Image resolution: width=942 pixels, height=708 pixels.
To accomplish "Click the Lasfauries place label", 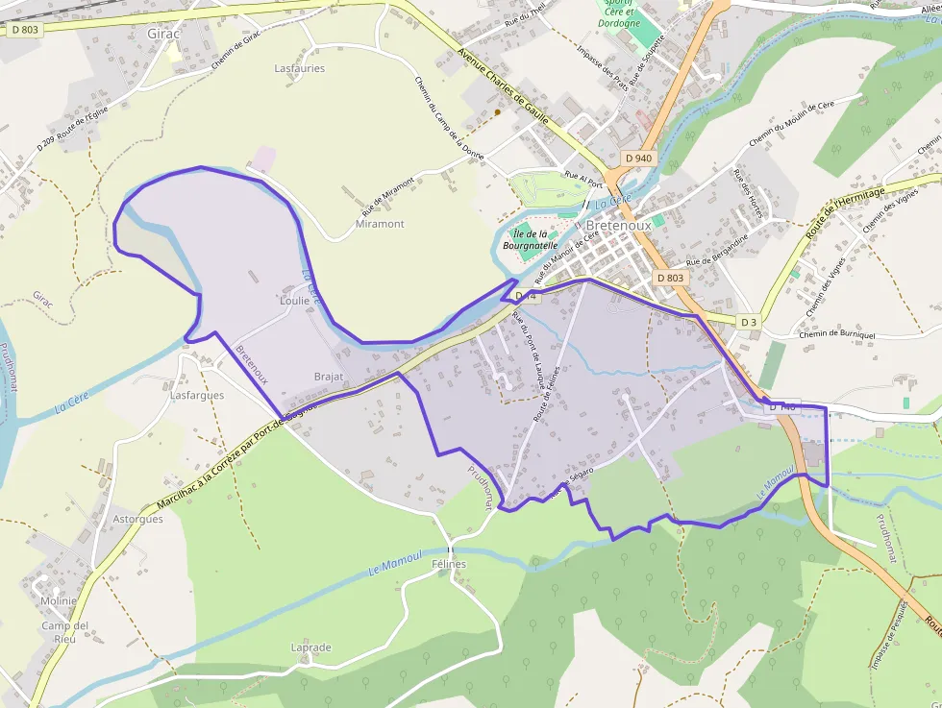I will (x=300, y=69).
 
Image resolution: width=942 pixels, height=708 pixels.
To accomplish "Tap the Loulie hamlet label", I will (x=294, y=301).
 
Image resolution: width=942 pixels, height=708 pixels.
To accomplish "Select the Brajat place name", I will (x=329, y=377).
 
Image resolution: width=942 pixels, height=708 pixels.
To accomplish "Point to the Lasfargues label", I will (x=197, y=395).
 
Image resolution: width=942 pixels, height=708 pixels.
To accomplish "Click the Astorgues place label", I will (x=137, y=519).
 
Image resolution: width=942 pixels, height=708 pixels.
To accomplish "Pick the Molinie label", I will (x=59, y=601).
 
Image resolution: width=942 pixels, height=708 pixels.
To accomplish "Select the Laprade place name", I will (x=310, y=647).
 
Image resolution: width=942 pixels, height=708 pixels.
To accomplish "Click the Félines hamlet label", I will (x=449, y=564).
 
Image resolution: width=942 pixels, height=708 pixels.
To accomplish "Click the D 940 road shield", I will (x=637, y=158).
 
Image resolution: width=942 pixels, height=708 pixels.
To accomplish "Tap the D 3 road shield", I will (x=750, y=321).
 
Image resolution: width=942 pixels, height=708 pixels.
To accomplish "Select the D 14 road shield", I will (x=523, y=296).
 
